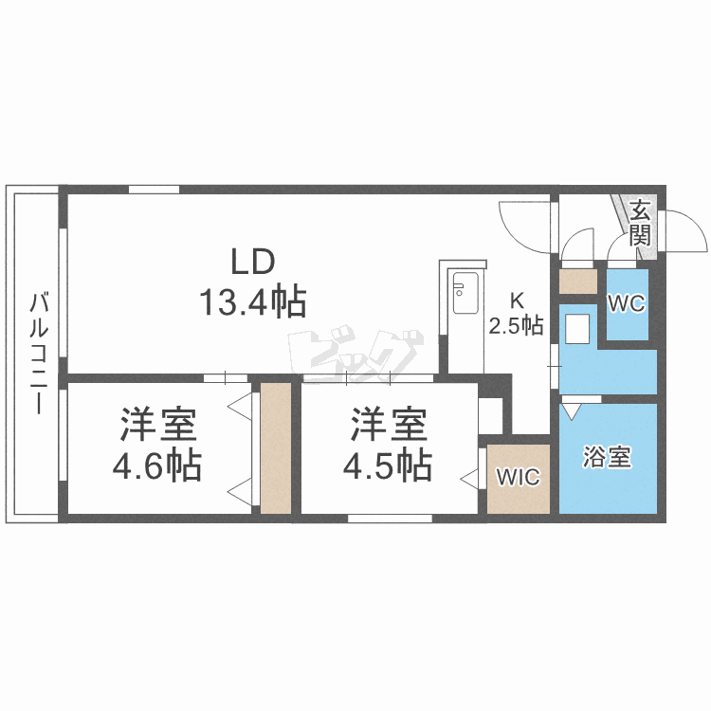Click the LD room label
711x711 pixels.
pyautogui.click(x=253, y=262)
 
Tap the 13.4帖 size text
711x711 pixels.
pyautogui.click(x=253, y=301)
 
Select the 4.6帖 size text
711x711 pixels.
pyautogui.click(x=156, y=465)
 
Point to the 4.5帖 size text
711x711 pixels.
pyautogui.click(x=388, y=465)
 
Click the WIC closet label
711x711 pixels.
pyautogui.click(x=519, y=477)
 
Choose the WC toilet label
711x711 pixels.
pyautogui.click(x=627, y=303)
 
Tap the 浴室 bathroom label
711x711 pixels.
pyautogui.click(x=607, y=457)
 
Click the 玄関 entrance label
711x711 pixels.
pyautogui.click(x=640, y=223)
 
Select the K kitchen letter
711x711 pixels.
pyautogui.click(x=517, y=301)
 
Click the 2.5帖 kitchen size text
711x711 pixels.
pyautogui.click(x=516, y=325)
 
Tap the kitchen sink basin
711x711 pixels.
pyautogui.click(x=465, y=293)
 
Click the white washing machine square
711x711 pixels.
pyautogui.click(x=577, y=329)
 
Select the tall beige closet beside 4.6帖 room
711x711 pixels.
pyautogui.click(x=276, y=448)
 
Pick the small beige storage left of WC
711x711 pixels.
pyautogui.click(x=577, y=282)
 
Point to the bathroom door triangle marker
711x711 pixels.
pyautogui.click(x=571, y=410)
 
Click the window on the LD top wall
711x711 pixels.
pyautogui.click(x=155, y=190)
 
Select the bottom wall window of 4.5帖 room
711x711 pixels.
pyautogui.click(x=390, y=519)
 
